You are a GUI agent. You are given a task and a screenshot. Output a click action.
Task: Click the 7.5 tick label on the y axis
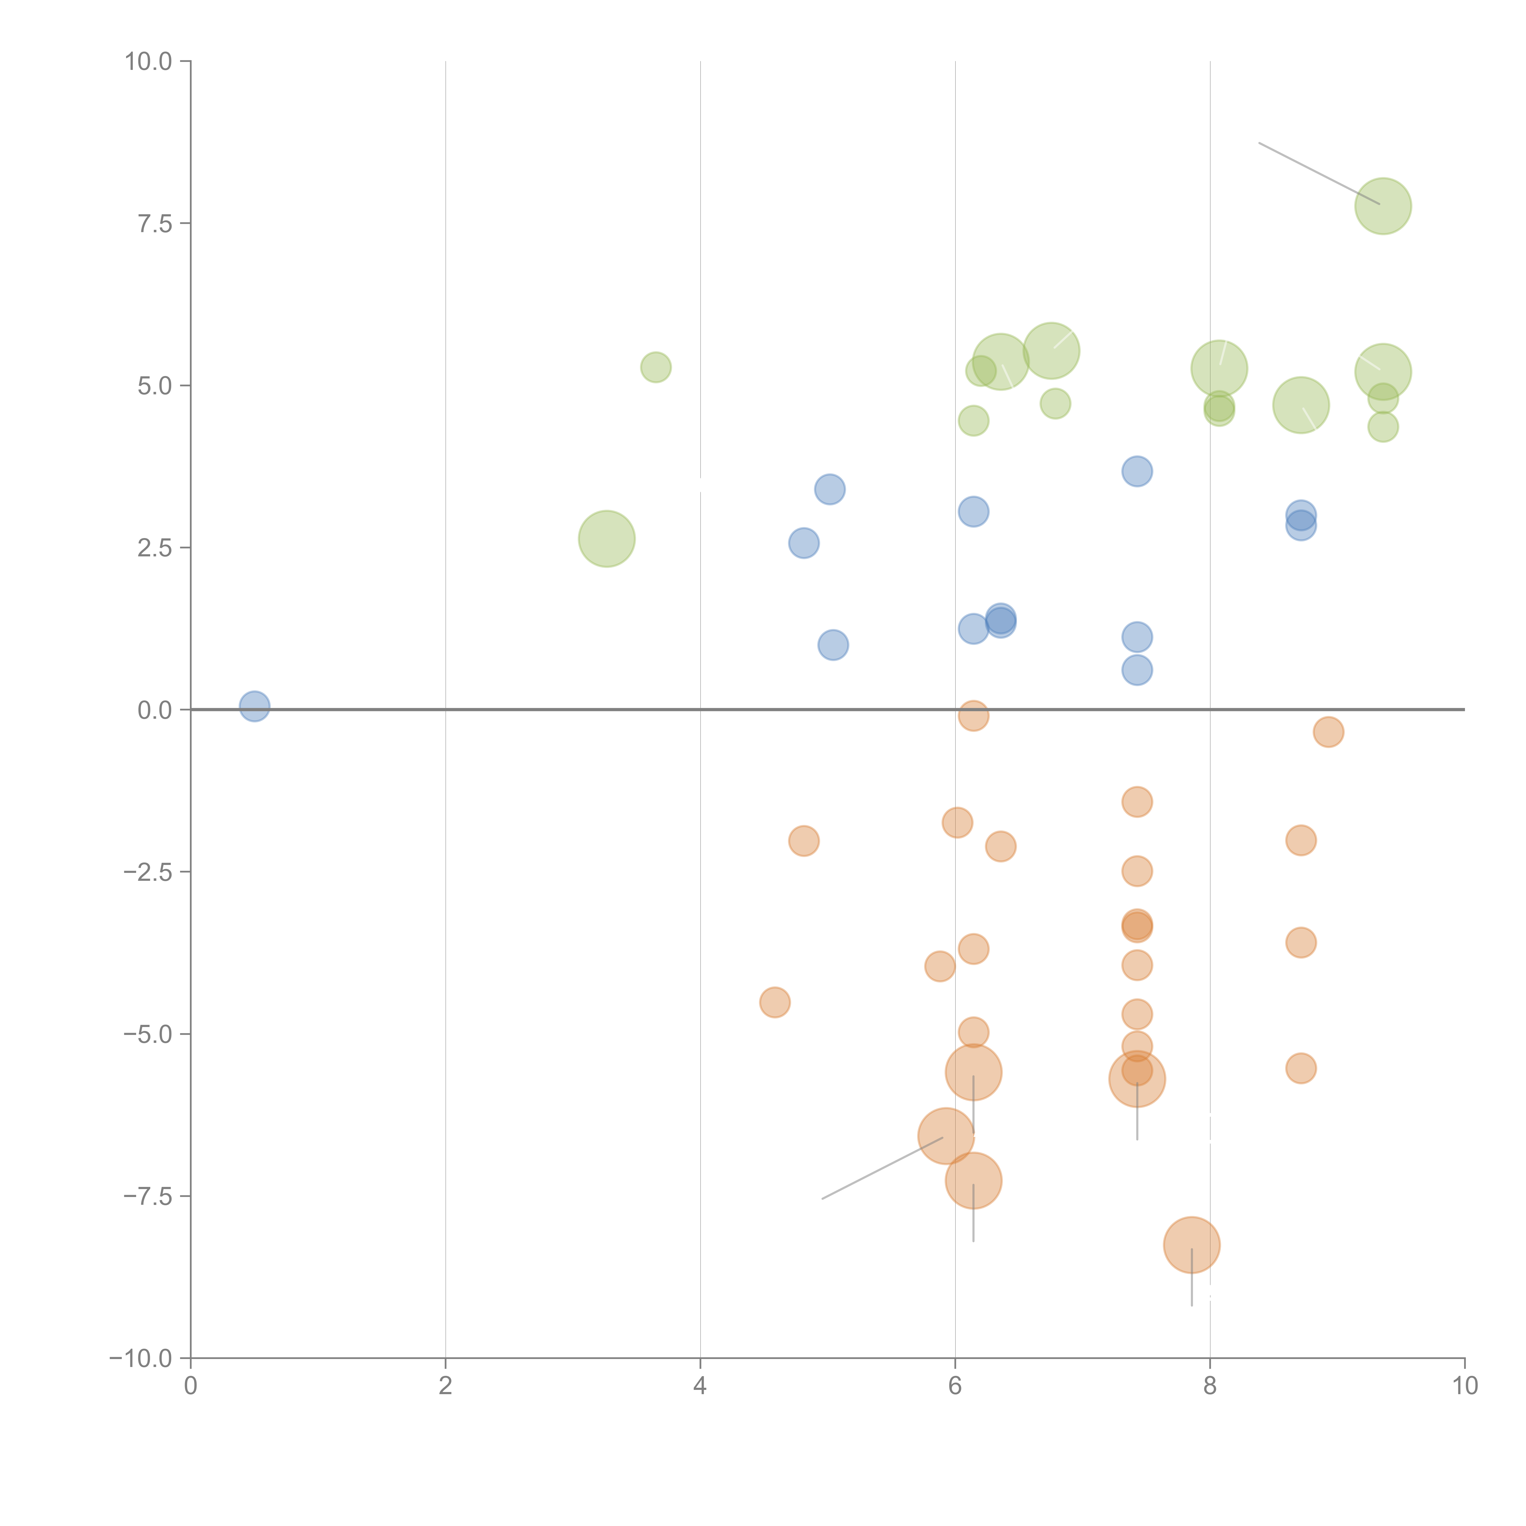pos(155,223)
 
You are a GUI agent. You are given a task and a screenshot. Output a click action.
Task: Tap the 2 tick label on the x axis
pos(446,1386)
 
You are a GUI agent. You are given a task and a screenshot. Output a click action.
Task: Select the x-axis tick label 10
pos(1464,1386)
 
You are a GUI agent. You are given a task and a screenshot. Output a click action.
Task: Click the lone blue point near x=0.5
pos(254,706)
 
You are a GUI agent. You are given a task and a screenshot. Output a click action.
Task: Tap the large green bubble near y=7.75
pos(1383,206)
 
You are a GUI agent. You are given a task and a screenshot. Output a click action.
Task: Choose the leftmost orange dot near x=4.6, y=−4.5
pos(775,1002)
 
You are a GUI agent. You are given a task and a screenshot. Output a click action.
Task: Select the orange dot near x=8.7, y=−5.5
pos(1301,1069)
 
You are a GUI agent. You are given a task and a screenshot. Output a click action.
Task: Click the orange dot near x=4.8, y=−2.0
pos(803,841)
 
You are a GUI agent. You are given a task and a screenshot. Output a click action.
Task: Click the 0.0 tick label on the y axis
pos(155,710)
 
